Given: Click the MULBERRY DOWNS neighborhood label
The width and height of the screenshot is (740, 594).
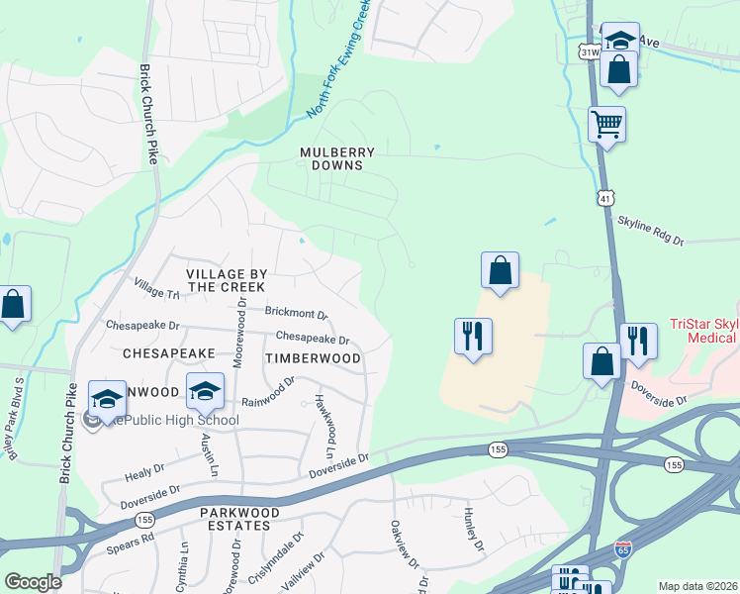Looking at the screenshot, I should tap(338, 159).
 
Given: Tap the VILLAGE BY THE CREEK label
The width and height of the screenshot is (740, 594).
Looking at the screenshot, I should tap(227, 279).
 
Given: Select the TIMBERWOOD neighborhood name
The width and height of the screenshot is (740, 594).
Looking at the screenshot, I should tap(313, 357).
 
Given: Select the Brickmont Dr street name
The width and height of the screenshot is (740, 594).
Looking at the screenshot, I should tap(296, 313).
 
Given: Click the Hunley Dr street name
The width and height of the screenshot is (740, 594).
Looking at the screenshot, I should tap(473, 530).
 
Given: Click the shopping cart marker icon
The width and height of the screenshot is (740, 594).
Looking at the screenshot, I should tap(606, 125).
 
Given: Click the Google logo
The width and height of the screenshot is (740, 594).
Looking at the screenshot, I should tap(34, 582).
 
